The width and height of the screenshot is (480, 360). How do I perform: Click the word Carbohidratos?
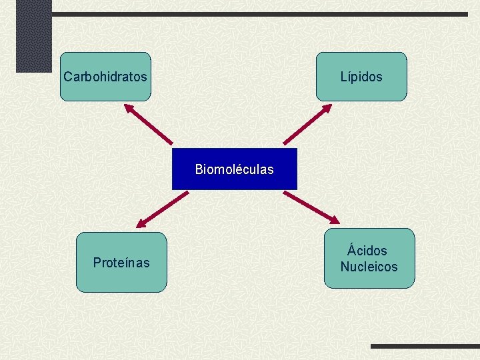pos(105,77)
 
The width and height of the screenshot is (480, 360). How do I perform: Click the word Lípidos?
pos(361,77)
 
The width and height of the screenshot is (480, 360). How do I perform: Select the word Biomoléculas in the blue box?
pos(234,169)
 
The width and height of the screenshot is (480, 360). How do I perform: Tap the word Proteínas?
pos(121,263)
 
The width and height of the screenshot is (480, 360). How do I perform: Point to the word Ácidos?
pos(367,251)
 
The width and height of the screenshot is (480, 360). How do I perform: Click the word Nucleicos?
pos(369,267)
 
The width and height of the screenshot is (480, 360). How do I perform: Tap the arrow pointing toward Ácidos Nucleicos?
pos(311,207)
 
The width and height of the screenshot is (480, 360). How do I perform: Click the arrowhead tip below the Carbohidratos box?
pos(125,103)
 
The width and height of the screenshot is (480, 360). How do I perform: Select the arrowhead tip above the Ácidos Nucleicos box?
pos(339,223)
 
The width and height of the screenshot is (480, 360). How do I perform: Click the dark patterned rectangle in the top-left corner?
pos(33,35)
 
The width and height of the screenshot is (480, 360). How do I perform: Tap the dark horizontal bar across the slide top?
pos(260,14)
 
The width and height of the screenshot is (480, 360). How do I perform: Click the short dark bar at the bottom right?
pos(424,347)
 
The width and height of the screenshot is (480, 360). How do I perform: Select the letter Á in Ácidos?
pos(351,250)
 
